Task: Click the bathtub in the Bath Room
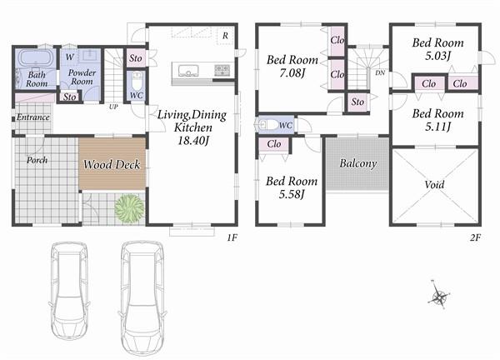(x=34, y=59)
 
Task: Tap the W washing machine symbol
(x=69, y=57)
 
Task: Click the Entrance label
(x=33, y=117)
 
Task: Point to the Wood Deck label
(x=112, y=164)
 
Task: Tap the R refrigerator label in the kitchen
(x=225, y=35)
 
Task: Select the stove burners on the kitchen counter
(x=222, y=70)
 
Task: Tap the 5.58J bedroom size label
(x=291, y=194)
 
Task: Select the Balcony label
(x=358, y=163)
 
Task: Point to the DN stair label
(x=380, y=73)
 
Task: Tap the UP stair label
(x=112, y=106)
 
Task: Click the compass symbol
(x=440, y=295)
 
